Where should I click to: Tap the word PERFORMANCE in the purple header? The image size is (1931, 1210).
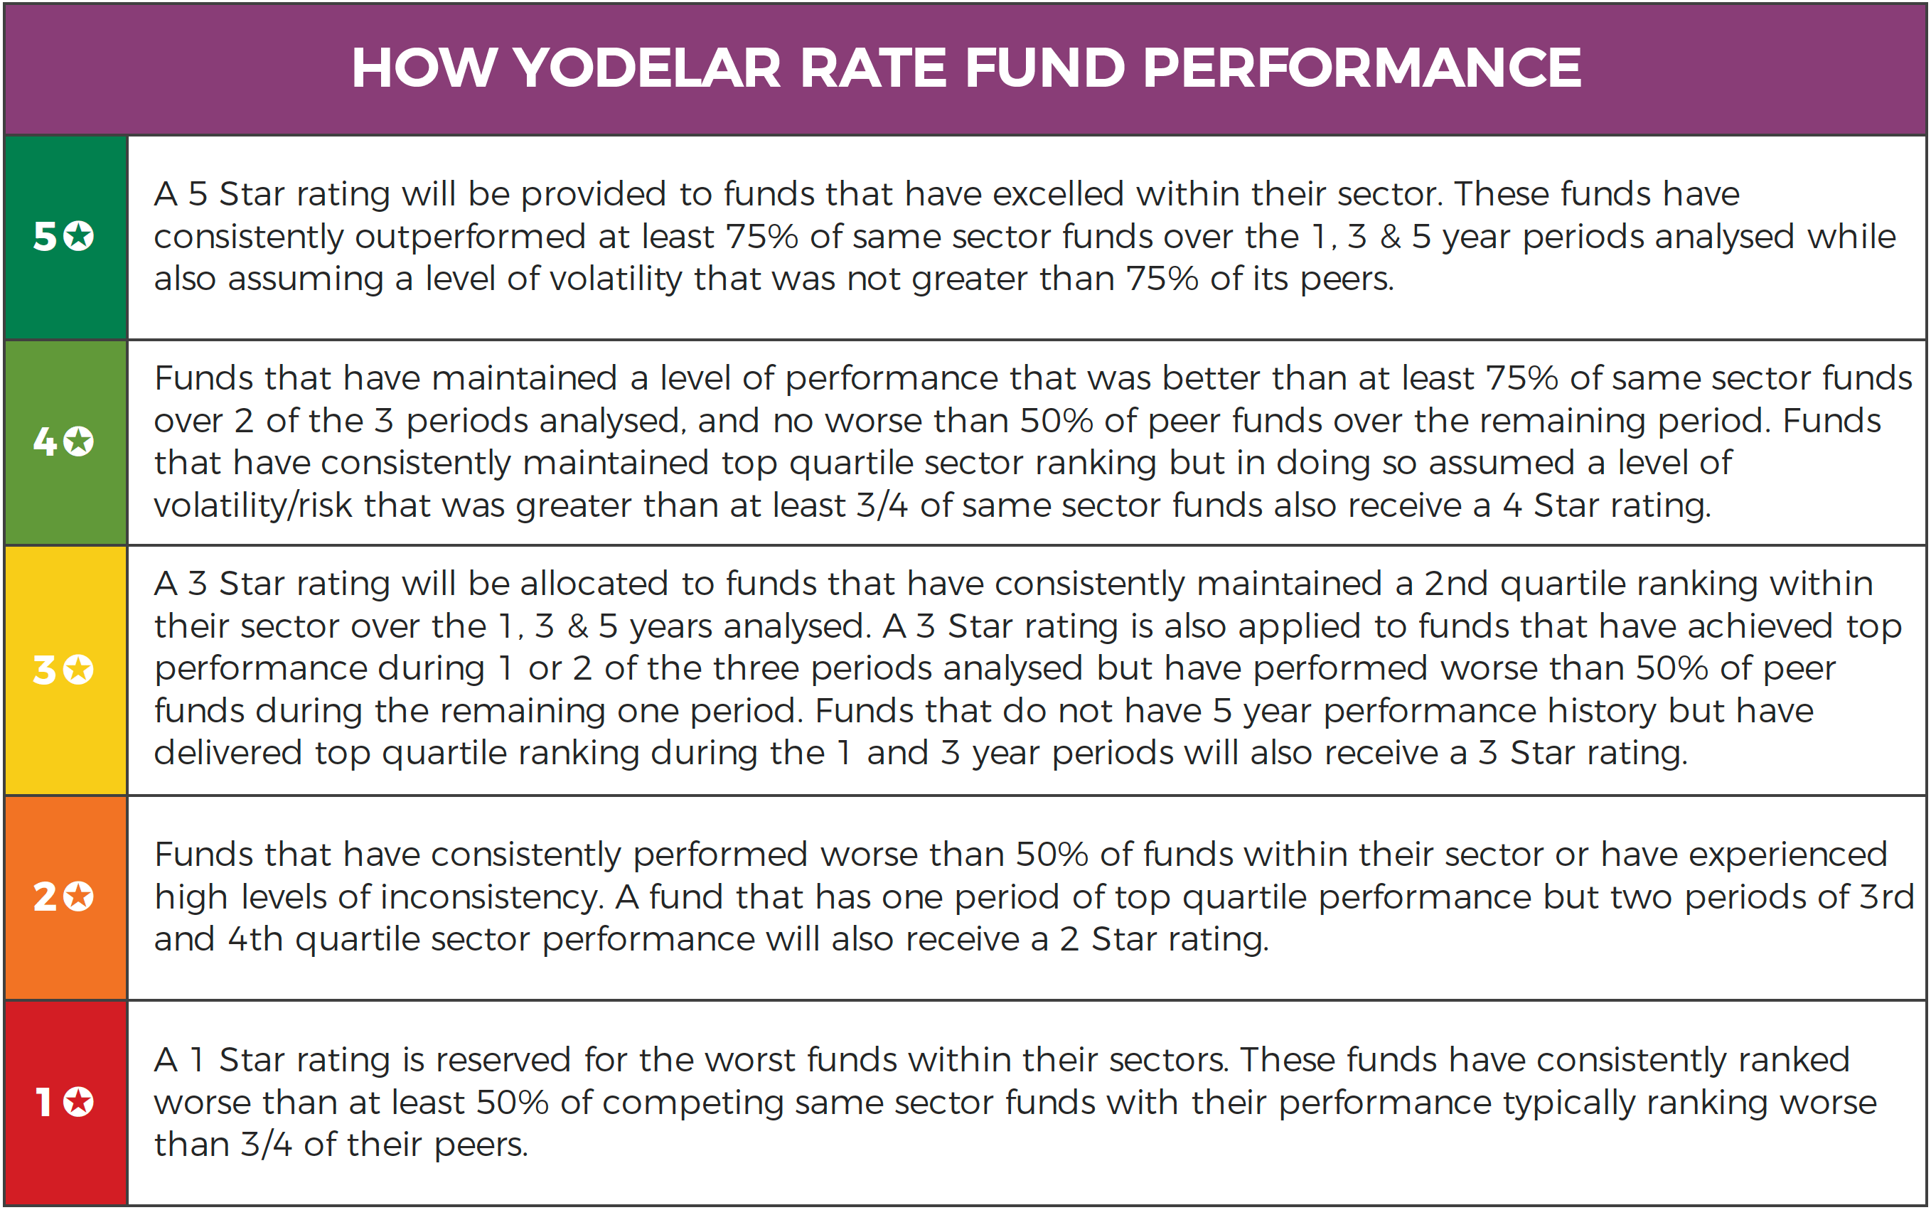coord(1362,68)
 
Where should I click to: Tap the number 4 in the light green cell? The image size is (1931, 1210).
coord(45,441)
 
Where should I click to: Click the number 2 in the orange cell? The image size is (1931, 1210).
coord(45,896)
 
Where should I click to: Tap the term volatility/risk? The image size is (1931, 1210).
coord(253,505)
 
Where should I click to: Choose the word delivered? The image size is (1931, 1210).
coord(228,753)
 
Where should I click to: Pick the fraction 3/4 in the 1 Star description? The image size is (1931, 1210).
coord(267,1145)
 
